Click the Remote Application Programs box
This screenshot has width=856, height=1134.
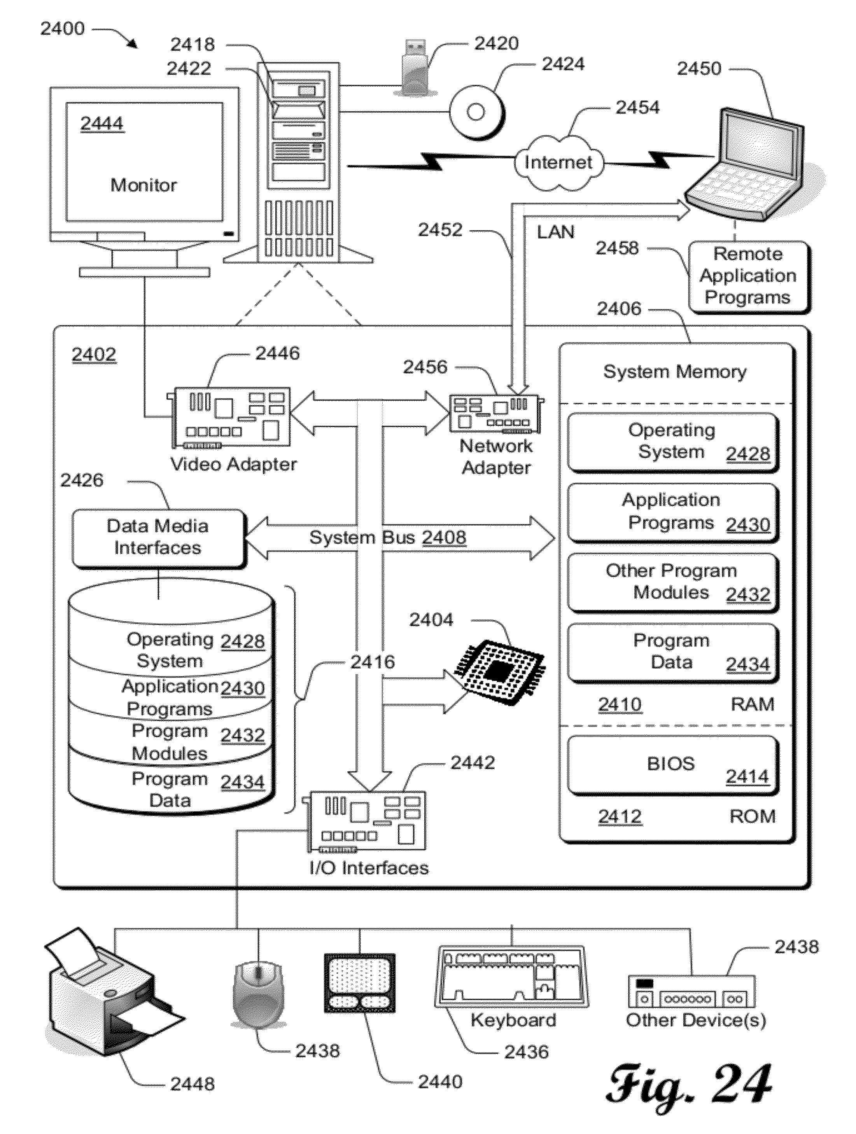coord(748,276)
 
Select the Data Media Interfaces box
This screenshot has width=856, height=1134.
coord(158,537)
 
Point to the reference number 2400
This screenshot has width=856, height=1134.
coord(63,29)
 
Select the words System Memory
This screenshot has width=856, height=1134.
coord(674,372)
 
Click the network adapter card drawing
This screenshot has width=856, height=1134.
coord(495,413)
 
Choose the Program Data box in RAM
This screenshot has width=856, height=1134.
coord(672,652)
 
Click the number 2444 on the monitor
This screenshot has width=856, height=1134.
coord(102,124)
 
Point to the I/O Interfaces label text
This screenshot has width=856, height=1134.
coord(369,868)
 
